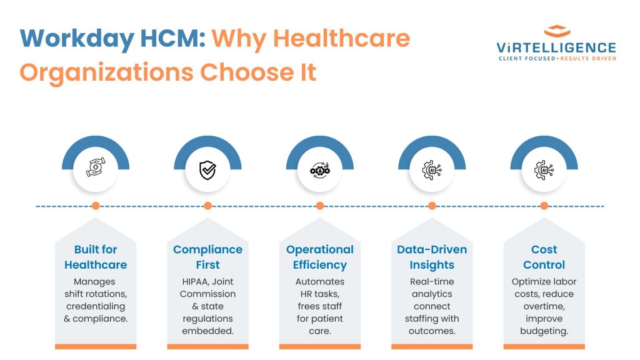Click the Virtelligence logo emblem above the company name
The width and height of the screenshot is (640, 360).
557,31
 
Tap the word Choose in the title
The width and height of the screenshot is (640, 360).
246,72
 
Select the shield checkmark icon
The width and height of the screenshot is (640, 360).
207,170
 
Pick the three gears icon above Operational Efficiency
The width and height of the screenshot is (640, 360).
320,169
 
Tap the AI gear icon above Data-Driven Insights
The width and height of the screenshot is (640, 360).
432,170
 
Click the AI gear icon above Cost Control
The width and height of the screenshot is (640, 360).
544,170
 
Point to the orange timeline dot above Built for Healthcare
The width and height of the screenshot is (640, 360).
96,206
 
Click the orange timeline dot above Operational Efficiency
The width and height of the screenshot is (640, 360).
320,206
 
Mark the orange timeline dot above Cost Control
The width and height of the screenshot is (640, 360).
544,206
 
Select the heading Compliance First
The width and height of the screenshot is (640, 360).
207,257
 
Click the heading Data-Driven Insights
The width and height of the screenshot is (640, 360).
432,257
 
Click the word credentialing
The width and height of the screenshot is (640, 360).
96,306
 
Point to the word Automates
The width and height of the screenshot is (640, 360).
320,282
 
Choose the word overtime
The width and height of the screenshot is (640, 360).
544,306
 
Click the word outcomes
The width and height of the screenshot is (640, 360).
432,331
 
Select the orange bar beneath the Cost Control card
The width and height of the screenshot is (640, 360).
544,346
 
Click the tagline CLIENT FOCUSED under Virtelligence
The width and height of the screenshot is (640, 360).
527,58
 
